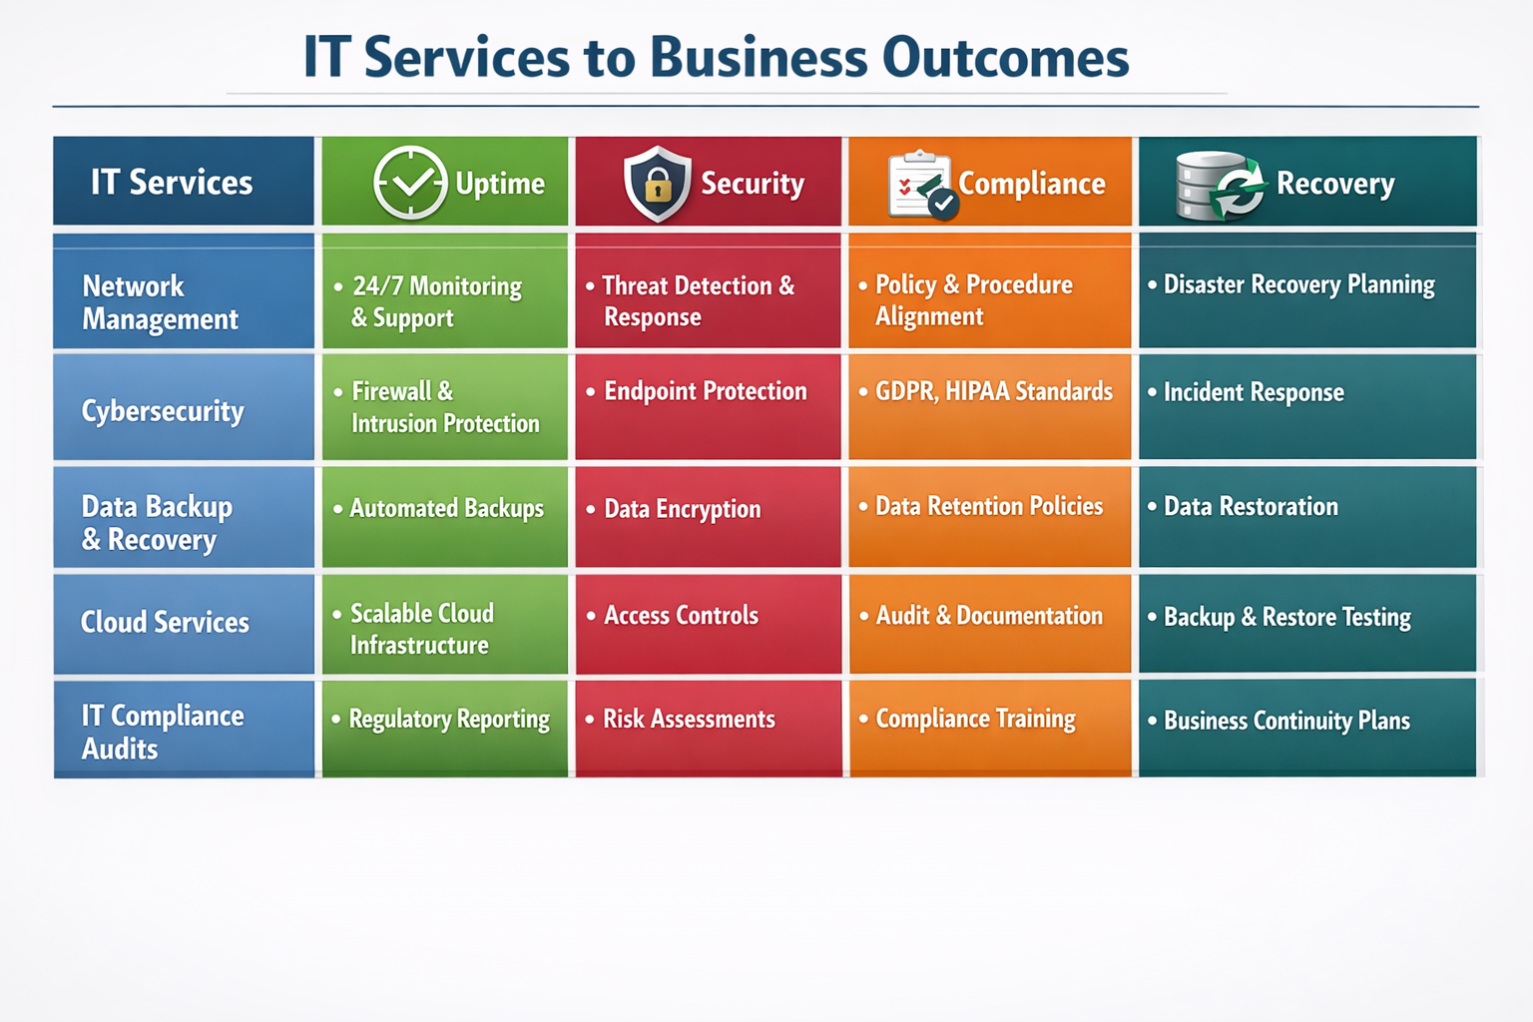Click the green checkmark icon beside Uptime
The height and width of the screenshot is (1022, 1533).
coord(410,183)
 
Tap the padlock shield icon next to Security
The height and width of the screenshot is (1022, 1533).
coord(657,183)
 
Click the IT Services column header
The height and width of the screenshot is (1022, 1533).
coord(172,183)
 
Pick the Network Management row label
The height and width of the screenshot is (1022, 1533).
coord(160,301)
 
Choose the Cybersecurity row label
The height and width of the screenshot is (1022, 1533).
coord(163,411)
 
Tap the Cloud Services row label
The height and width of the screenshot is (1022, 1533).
coord(165,623)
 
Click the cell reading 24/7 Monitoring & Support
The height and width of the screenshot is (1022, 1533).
coord(436,301)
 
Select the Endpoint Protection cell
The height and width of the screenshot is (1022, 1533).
coord(705,391)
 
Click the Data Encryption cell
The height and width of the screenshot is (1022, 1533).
coord(682,509)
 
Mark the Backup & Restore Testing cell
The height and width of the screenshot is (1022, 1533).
coord(1286,617)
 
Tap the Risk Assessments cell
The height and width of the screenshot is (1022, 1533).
coord(689,719)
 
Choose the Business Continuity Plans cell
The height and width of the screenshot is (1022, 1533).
coord(1286,721)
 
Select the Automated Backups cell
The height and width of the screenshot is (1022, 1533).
coord(446,508)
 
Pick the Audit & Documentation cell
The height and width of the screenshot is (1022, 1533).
coord(988,616)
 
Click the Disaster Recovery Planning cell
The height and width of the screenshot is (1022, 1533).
coord(1298,284)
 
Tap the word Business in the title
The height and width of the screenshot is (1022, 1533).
coord(759,57)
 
